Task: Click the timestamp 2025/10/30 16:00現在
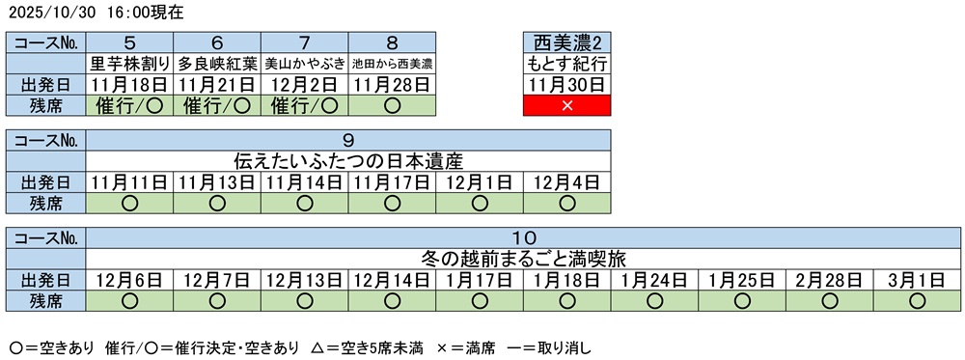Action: point(95,13)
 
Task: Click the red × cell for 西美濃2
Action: point(566,105)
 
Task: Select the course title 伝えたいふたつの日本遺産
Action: point(348,160)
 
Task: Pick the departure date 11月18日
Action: point(130,84)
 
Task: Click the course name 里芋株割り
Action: point(130,64)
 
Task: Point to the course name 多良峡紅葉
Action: point(217,64)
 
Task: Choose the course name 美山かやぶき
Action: point(305,64)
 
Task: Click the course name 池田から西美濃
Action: point(392,64)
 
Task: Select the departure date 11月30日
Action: point(566,84)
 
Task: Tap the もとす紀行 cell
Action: point(566,64)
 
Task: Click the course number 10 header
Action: point(523,237)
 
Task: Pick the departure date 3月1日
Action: point(917,280)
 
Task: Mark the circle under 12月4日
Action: point(566,203)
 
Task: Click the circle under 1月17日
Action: point(480,300)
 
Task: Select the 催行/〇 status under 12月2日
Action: point(305,105)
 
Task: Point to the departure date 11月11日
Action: point(130,181)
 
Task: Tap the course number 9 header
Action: point(348,139)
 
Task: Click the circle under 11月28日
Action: point(392,105)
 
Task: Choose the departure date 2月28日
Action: point(829,280)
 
